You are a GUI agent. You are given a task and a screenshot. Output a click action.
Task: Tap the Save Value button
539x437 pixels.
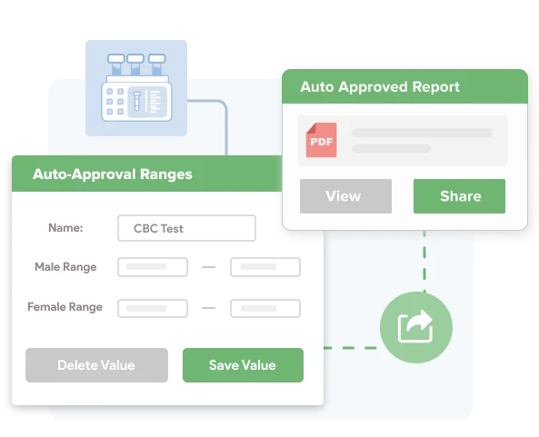tap(243, 365)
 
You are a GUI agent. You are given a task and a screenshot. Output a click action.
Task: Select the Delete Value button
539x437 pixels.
tap(96, 365)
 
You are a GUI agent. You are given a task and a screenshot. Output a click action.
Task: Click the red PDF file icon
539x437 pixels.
tap(321, 141)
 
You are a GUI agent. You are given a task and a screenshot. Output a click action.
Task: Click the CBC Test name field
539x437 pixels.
tap(186, 228)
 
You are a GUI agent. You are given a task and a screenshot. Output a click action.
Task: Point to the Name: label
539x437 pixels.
tap(65, 228)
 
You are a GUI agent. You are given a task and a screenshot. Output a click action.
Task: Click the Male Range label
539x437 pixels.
tap(65, 267)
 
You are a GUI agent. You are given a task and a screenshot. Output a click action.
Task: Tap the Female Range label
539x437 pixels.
tap(65, 307)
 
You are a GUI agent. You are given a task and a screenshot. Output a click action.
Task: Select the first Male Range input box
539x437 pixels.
tap(153, 267)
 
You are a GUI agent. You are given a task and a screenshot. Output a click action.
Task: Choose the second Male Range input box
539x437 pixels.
tap(265, 267)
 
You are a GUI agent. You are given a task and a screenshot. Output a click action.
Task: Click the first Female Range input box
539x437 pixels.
tap(153, 308)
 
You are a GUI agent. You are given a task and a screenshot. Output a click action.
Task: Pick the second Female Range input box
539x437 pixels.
tap(265, 308)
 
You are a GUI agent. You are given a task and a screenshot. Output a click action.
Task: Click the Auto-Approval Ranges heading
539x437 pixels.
tap(113, 174)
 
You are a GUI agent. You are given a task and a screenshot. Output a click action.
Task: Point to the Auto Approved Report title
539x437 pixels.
tap(381, 87)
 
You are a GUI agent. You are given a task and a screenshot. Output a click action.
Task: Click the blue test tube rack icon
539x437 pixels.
tap(136, 89)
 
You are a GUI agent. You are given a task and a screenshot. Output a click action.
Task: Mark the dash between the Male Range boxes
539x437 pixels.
tap(209, 268)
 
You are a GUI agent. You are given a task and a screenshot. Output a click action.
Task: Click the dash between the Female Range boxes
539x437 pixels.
tap(209, 308)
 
